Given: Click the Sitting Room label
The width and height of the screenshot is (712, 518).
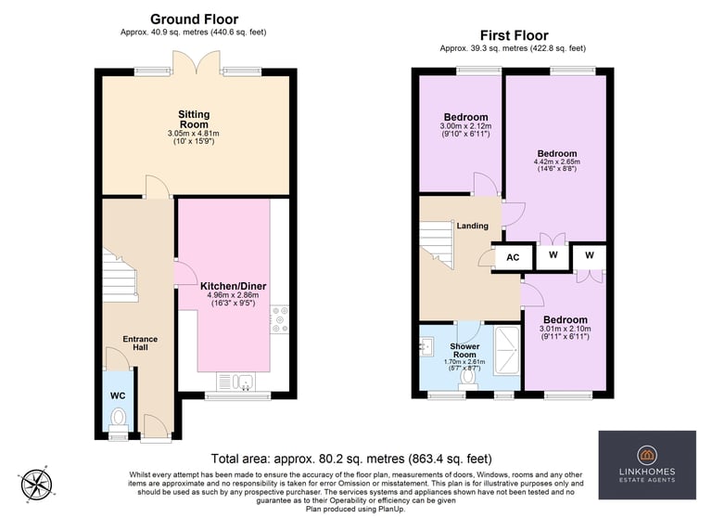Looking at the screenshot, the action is coord(194,119).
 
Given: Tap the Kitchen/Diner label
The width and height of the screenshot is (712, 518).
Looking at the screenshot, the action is coord(234,286).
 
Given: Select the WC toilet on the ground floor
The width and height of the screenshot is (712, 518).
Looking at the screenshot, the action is coord(119,421).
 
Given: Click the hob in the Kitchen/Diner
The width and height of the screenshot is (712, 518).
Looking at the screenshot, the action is coord(279,319).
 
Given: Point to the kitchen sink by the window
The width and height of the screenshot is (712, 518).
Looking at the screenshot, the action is coord(235,382).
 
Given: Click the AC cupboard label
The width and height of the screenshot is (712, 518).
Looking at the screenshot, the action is coord(513,257).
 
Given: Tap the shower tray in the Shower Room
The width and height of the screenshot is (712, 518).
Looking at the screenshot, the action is coord(506,351).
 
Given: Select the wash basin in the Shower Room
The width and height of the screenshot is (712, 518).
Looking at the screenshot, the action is coord(426,346).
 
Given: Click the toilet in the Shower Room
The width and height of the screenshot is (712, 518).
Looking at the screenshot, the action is coord(467,381).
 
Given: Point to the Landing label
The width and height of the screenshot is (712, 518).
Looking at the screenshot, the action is coord(472,226).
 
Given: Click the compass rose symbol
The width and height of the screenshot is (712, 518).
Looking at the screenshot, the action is coord(37,485).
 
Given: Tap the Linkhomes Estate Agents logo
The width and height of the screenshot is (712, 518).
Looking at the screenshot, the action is coord(647,465).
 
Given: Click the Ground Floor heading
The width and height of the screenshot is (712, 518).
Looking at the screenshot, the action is coord(195,19).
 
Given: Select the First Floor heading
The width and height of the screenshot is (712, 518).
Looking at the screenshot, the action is coord(514,35).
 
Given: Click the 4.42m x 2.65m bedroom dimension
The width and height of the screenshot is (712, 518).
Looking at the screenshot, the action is coord(556,162).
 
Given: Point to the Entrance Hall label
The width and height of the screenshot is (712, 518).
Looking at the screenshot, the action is coord(140,343).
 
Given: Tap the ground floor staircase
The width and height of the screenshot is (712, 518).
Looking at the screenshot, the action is coord(120,275).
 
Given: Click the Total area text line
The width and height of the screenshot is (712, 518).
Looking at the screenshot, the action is coord(351,459).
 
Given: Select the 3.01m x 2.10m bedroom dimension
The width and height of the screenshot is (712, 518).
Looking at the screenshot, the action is coord(566,329).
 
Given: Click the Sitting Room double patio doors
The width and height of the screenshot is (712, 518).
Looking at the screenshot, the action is coord(197,62).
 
